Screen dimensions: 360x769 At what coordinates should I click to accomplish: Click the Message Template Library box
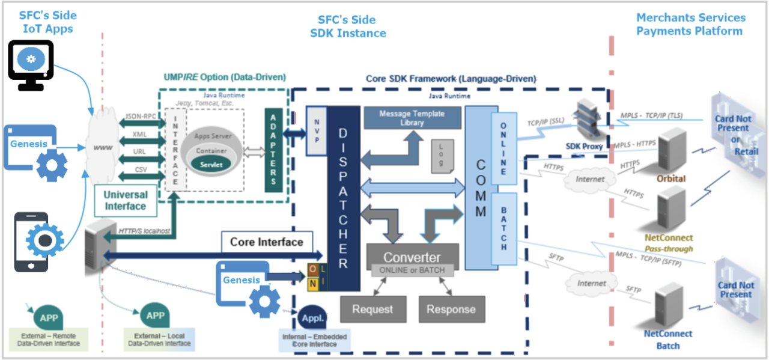coord(412,118)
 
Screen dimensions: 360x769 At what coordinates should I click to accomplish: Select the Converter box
coord(412,257)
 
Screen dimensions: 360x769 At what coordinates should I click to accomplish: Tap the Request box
coord(372,310)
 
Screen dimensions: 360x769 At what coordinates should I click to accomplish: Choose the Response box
coord(451,310)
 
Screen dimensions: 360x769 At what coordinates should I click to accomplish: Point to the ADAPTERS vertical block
coord(273,150)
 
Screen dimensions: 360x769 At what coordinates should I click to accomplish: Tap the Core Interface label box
coord(267,242)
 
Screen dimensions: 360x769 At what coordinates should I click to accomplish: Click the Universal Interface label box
coord(125,201)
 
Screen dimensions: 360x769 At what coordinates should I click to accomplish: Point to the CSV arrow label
coord(140,170)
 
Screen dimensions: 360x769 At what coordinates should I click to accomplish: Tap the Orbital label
coord(671,178)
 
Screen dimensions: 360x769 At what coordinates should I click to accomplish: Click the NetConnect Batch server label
coord(668,340)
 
